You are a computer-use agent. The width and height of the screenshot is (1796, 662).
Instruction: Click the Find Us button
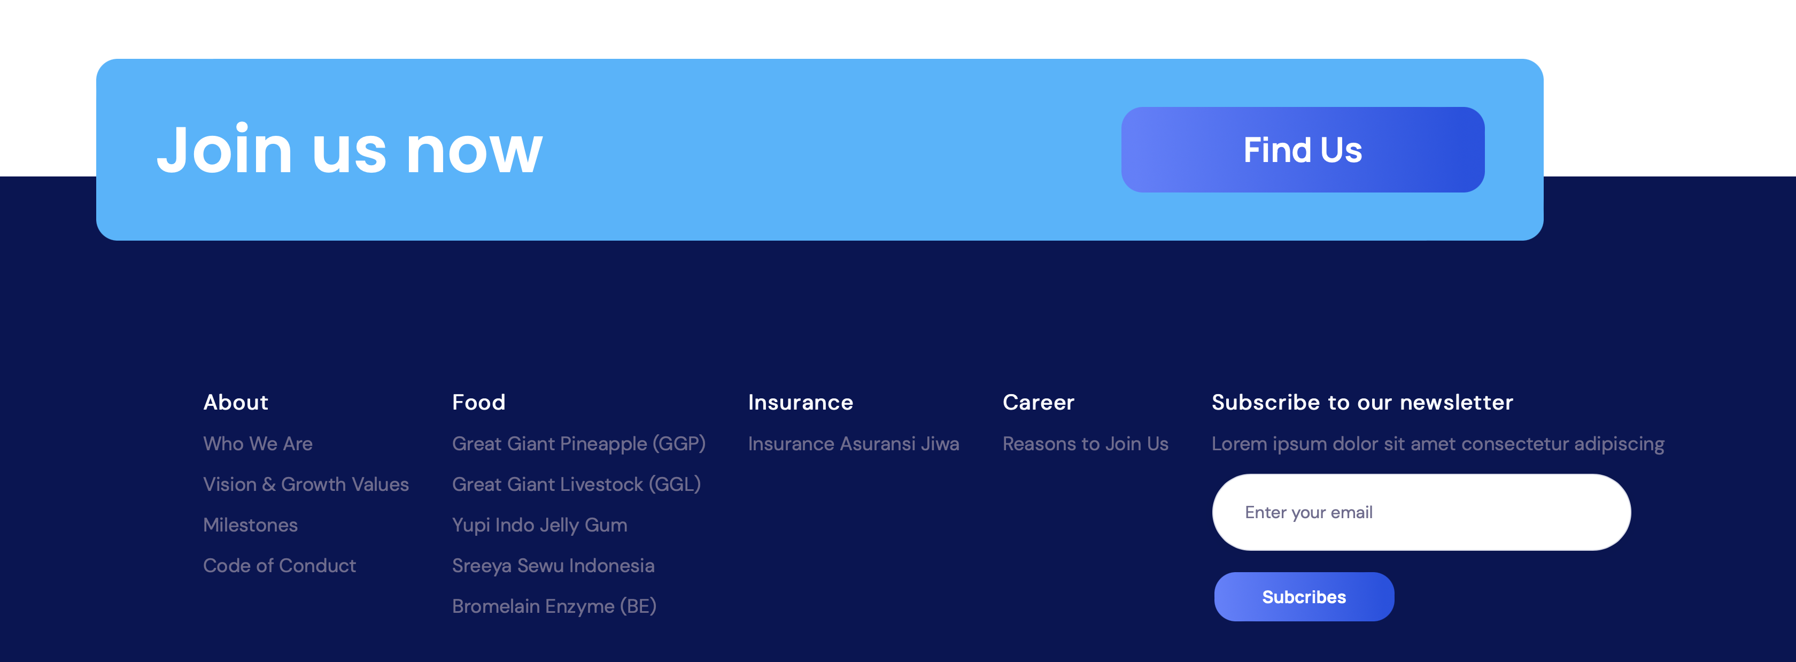(x=1303, y=149)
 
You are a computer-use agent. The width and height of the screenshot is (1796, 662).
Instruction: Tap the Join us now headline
(x=349, y=149)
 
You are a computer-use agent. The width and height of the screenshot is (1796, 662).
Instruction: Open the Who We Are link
(x=257, y=444)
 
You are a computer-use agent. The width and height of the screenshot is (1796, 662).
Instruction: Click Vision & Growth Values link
(x=305, y=484)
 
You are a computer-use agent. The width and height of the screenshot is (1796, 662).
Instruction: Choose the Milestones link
(x=250, y=525)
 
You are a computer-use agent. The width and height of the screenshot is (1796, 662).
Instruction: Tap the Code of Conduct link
(x=279, y=565)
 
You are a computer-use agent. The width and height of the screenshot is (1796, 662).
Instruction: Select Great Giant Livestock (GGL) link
(x=576, y=484)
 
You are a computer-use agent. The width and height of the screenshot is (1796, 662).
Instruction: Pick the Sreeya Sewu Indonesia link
(x=553, y=566)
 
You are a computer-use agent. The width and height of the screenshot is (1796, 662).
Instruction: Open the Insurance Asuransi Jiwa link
(x=854, y=444)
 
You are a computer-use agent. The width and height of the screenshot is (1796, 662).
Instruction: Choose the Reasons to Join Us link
(x=1085, y=444)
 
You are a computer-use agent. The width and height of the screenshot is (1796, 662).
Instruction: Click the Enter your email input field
(x=1421, y=512)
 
